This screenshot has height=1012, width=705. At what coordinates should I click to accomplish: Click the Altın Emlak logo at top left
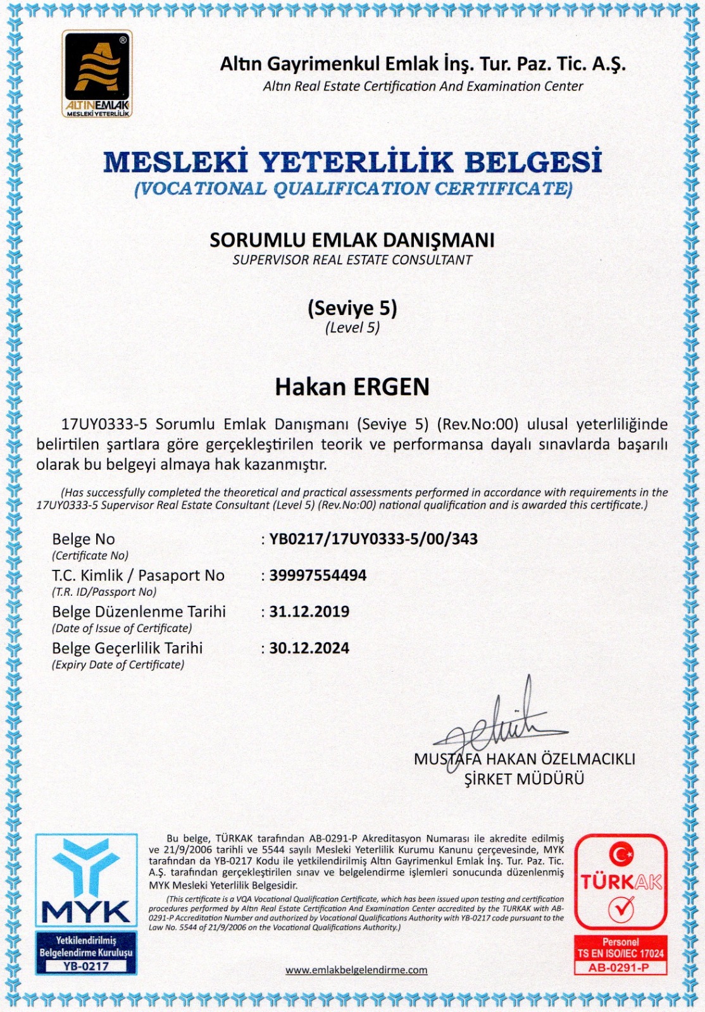97,74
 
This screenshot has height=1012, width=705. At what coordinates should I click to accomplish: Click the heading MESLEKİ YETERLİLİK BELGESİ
352,162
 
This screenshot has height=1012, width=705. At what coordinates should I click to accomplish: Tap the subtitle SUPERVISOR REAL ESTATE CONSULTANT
352,260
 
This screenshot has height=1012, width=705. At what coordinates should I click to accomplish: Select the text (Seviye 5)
352,308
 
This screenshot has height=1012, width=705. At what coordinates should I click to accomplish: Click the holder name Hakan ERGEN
352,387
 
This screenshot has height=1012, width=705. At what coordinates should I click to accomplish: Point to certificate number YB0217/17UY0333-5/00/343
373,540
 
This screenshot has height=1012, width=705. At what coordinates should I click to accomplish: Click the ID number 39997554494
318,576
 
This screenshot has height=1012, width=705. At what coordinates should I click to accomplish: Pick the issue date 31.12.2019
309,612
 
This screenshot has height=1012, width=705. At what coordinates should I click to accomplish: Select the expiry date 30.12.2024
309,648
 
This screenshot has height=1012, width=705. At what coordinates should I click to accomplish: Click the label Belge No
84,540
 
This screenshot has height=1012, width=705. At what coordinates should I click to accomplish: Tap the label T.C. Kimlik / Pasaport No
138,576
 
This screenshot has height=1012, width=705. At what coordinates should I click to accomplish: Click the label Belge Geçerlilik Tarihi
127,648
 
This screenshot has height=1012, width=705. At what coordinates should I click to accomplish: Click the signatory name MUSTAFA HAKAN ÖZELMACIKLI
524,759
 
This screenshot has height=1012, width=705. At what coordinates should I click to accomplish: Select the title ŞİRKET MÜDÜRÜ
524,779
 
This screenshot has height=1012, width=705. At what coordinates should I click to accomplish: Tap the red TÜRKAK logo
621,881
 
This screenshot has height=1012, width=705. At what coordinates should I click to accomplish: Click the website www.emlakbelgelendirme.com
356,970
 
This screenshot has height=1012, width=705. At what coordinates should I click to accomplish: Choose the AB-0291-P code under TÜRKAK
620,968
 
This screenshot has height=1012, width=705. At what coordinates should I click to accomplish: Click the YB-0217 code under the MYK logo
86,966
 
